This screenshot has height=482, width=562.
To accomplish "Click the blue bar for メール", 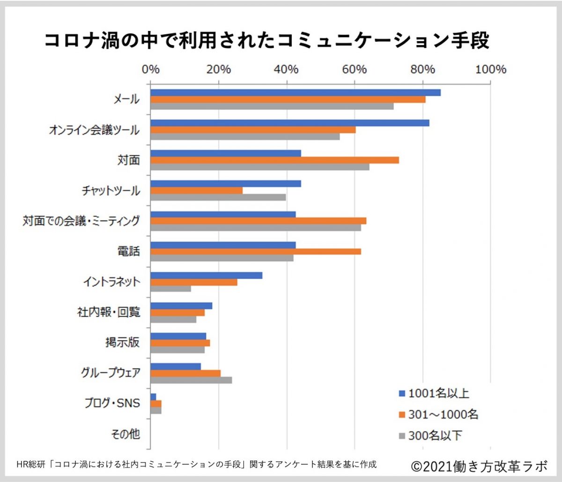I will coord(295,92).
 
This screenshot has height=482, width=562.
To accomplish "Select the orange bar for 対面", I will coord(274,160).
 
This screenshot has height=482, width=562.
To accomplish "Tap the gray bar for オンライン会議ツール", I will coord(245,136).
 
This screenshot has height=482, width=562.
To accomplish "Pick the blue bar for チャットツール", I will coord(225,183).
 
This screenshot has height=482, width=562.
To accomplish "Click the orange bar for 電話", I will coord(255,251).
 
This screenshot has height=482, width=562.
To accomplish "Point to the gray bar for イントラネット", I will coord(170,288).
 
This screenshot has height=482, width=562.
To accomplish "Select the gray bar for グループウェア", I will coord(191,380).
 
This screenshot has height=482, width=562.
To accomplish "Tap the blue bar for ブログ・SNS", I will coord(153,397).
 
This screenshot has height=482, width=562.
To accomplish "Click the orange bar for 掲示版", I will coord(180,343).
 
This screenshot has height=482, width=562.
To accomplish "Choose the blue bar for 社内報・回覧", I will coord(181,306).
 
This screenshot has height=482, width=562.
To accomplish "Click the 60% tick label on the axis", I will coord(355,69).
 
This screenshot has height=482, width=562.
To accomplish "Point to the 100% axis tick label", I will coord(490,69).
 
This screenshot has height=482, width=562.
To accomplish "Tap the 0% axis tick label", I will coord(151,69).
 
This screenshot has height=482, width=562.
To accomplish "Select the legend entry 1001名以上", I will coord(434,393).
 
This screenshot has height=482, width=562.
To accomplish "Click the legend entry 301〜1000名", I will coord(438,414).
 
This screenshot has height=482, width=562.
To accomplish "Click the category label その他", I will coord(126,434).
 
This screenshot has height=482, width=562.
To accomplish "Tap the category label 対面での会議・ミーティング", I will coord(81,221).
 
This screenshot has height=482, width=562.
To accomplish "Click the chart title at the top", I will coord(267,40).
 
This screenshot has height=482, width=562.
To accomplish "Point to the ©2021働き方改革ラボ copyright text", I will coord(479,466).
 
